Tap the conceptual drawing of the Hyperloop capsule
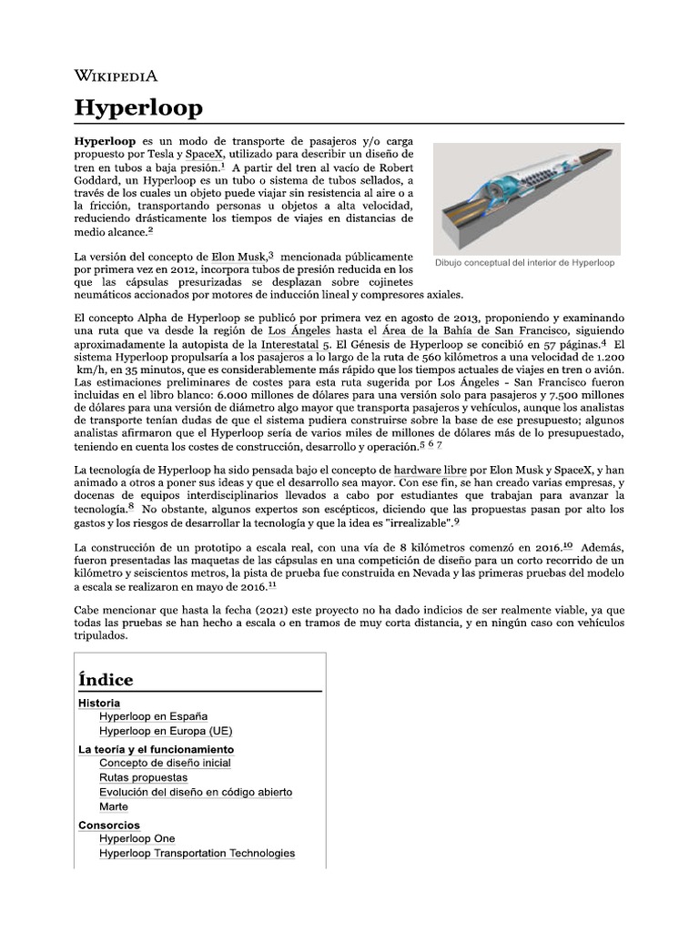[526, 197]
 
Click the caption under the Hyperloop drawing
[526, 263]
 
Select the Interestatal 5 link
[296, 346]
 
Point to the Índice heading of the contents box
[106, 680]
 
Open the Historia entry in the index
[99, 703]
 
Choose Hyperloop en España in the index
[154, 716]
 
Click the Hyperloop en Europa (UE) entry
[166, 731]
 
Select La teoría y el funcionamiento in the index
[157, 749]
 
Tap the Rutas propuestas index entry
[144, 778]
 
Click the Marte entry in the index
[114, 806]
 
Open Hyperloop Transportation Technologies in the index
[198, 853]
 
